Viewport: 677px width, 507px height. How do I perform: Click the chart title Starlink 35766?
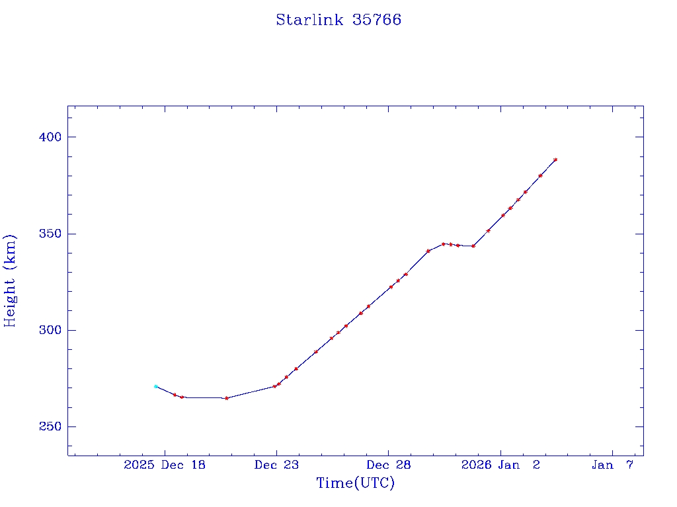tap(338, 20)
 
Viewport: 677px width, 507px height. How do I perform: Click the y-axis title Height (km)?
tap(10, 281)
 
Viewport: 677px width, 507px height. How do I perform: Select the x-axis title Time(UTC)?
tap(355, 483)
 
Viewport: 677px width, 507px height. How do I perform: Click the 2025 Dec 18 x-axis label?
tap(165, 465)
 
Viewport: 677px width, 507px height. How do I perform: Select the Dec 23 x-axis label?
tap(277, 465)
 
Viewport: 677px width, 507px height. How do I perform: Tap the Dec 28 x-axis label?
tap(389, 465)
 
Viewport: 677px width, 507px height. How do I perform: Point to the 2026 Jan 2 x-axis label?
tap(500, 465)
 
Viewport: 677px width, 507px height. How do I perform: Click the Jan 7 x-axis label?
tap(612, 465)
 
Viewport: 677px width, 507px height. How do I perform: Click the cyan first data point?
tap(155, 386)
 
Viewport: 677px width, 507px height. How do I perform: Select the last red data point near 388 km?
tap(555, 160)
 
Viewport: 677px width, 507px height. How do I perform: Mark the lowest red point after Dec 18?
tap(227, 398)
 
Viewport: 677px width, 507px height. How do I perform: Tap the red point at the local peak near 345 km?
tap(443, 244)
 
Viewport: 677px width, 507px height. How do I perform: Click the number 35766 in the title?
tap(377, 20)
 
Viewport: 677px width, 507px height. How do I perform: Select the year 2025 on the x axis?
tap(139, 465)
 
